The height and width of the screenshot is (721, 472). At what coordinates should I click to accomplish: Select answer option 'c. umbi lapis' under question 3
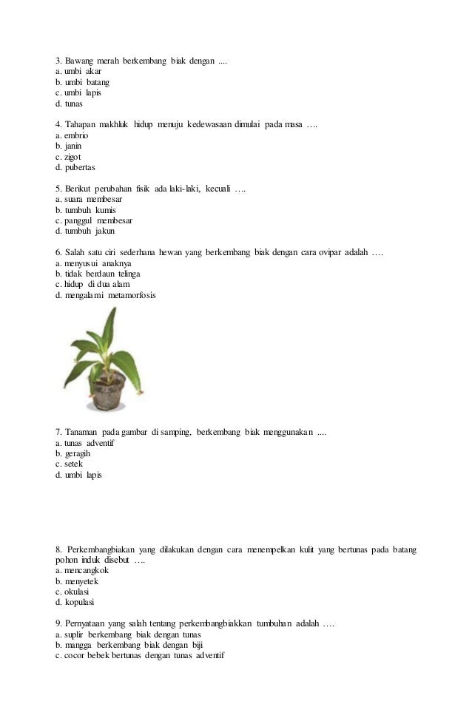[78, 93]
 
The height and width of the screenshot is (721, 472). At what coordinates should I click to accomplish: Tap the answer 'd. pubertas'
[75, 167]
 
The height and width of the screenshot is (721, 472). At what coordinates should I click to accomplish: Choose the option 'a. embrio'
[72, 136]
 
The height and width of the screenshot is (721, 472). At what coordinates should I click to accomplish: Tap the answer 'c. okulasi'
[73, 592]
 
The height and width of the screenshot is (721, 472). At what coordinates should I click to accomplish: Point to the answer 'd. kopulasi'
[75, 602]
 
